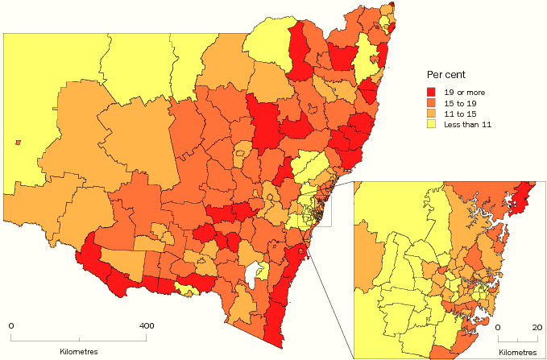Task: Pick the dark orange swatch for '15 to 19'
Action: point(432,104)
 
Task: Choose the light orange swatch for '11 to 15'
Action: point(432,114)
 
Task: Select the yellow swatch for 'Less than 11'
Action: point(432,125)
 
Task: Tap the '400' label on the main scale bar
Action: point(147,326)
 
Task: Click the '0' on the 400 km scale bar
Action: point(11,326)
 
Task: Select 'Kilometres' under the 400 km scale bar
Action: point(79,352)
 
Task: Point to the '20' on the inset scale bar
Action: point(535,328)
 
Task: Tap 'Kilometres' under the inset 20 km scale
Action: point(518,352)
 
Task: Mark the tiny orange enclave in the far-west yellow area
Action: point(18,143)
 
